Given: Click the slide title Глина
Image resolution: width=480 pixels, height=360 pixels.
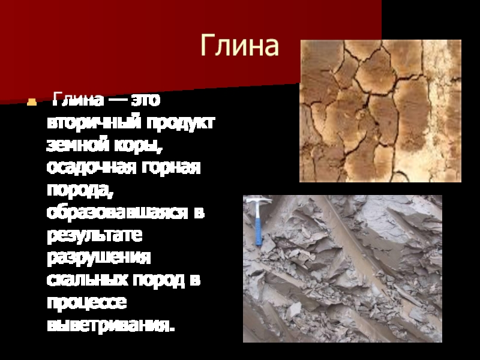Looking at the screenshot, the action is (239, 46).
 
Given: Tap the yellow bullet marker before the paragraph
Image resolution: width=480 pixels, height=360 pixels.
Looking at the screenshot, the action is (32, 102).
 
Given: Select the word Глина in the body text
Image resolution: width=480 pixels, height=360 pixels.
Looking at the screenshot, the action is (78, 100).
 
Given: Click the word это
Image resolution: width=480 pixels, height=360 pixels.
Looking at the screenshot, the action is (146, 100).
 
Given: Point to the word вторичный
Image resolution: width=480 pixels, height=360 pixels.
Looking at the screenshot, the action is (94, 122).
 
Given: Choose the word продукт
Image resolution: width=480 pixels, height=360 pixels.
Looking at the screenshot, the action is (181, 123).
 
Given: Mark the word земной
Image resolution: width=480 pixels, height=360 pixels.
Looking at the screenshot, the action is (78, 145).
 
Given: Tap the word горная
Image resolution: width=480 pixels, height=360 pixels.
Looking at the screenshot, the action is (170, 167).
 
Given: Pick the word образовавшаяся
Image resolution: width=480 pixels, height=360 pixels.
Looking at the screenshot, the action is (117, 212).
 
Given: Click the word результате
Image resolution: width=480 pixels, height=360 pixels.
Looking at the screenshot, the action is (95, 235).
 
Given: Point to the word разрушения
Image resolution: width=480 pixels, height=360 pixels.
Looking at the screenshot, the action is (99, 257).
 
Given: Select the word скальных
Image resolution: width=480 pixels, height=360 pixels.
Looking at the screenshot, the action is (88, 279).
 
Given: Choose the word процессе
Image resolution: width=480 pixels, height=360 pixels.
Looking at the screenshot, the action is (86, 302).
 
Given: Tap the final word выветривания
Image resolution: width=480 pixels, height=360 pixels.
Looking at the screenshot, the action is (111, 325).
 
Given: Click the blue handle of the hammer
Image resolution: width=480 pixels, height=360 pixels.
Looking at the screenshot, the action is (258, 232).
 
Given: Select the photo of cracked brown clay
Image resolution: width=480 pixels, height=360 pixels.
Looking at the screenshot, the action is (380, 111).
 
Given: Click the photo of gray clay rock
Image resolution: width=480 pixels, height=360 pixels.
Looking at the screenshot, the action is (343, 268).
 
